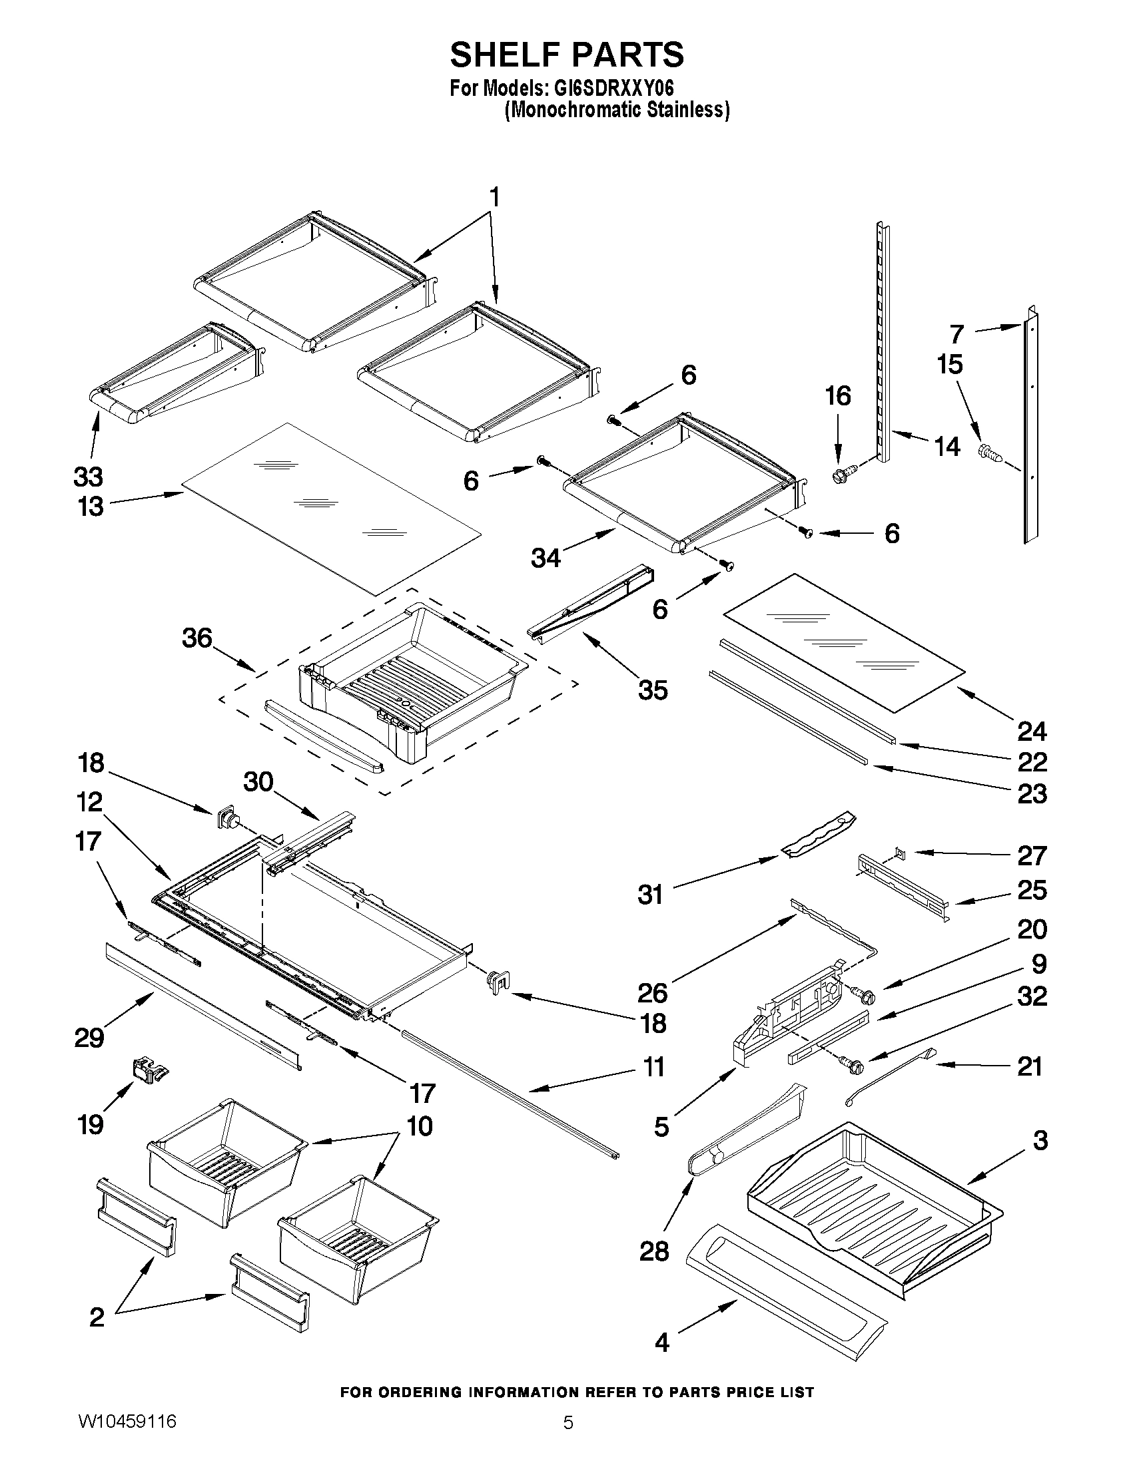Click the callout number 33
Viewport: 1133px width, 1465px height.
[x=88, y=477]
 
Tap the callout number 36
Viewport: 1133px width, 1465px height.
[x=196, y=637]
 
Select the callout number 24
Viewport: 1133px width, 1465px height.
[x=1032, y=730]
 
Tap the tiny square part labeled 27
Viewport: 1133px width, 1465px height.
[x=900, y=853]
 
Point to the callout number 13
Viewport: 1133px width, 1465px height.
[x=90, y=507]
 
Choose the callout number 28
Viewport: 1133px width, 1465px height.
[x=654, y=1251]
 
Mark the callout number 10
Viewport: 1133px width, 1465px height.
[x=420, y=1126]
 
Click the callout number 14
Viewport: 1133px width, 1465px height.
[x=947, y=446]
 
